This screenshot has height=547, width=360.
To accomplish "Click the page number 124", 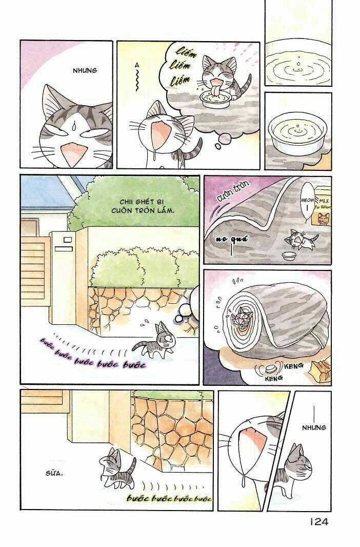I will [318, 522].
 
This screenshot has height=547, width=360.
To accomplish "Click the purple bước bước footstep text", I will [92, 354].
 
